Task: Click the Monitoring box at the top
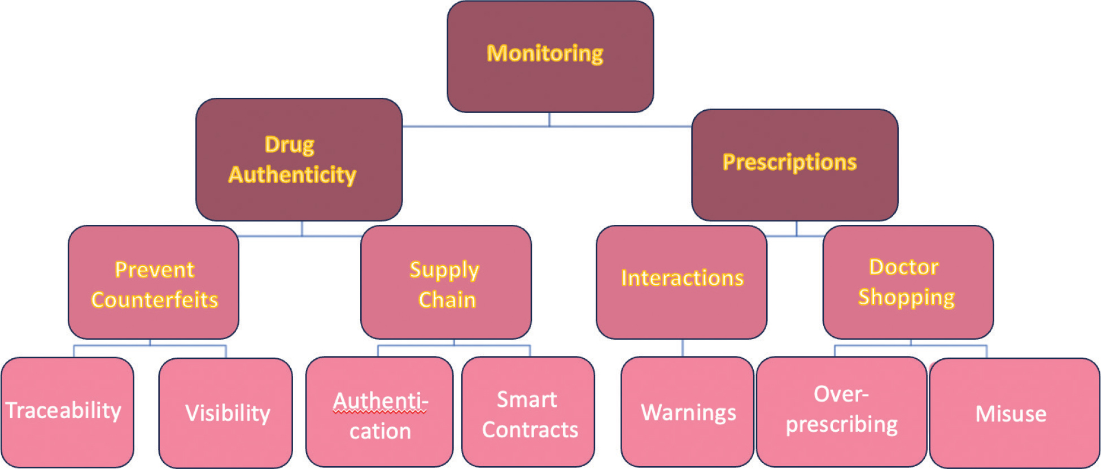pyautogui.click(x=550, y=57)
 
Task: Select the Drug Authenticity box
pyautogui.click(x=299, y=159)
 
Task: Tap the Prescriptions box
pyautogui.click(x=794, y=164)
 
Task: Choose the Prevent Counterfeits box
pyautogui.click(x=154, y=283)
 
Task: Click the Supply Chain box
pyautogui.click(x=445, y=283)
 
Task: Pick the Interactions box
pyautogui.click(x=681, y=283)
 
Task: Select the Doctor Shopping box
pyautogui.click(x=908, y=283)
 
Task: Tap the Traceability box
pyautogui.click(x=67, y=412)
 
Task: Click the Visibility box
pyautogui.click(x=226, y=413)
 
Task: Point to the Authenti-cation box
pyautogui.click(x=379, y=412)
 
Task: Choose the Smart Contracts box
pyautogui.click(x=528, y=412)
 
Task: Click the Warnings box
pyautogui.click(x=687, y=412)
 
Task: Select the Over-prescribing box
pyautogui.click(x=841, y=412)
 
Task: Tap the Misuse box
pyautogui.click(x=1014, y=413)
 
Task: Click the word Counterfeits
pyautogui.click(x=155, y=300)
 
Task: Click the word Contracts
pyautogui.click(x=530, y=430)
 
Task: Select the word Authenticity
pyautogui.click(x=292, y=175)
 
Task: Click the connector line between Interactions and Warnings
pyautogui.click(x=683, y=348)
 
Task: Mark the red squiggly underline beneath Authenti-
pyautogui.click(x=380, y=412)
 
